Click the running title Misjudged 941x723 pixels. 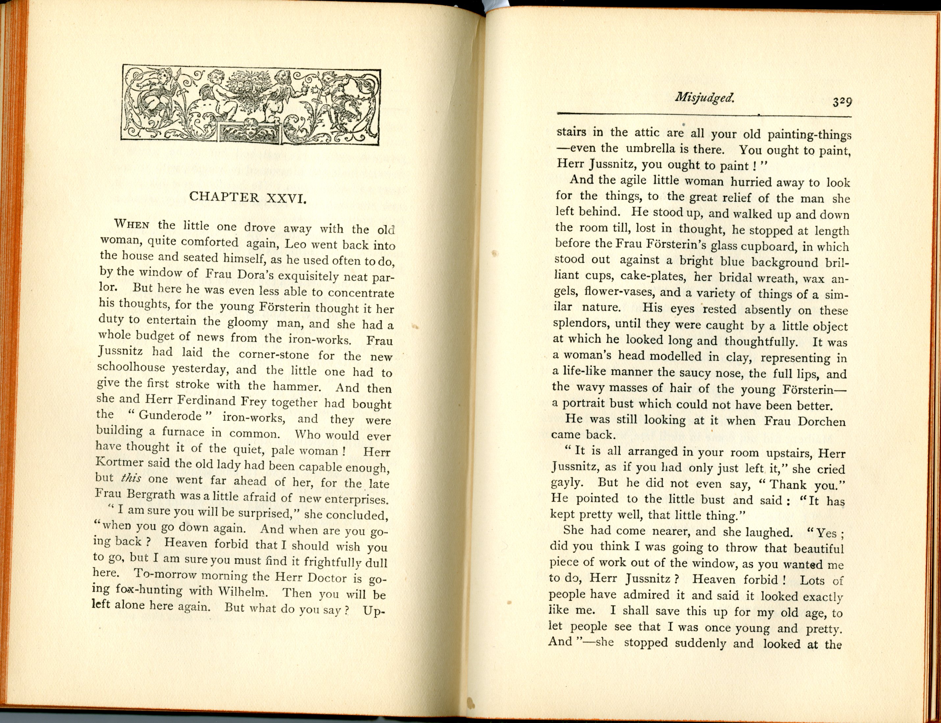704,99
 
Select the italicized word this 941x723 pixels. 131,478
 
